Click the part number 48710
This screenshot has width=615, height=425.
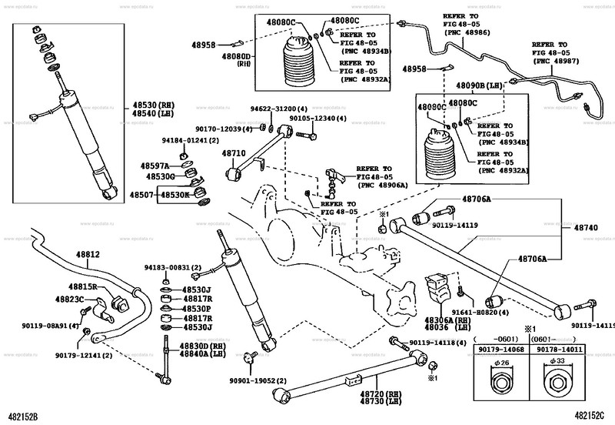pos(233,153)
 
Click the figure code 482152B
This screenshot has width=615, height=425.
pos(22,417)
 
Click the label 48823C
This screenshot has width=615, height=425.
pos(69,298)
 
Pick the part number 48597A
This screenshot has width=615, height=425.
pos(155,166)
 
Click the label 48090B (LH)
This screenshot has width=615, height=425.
pos(477,87)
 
